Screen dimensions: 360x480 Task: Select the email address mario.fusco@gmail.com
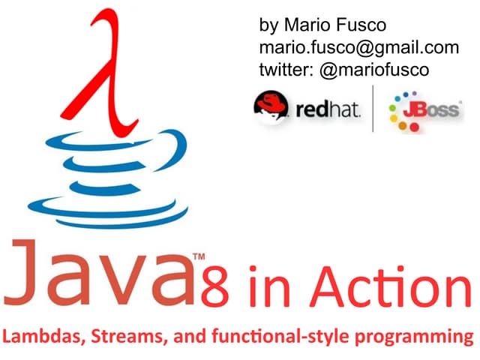(x=358, y=47)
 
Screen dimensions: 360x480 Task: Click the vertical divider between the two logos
(x=373, y=109)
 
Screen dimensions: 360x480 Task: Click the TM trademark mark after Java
(x=199, y=256)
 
